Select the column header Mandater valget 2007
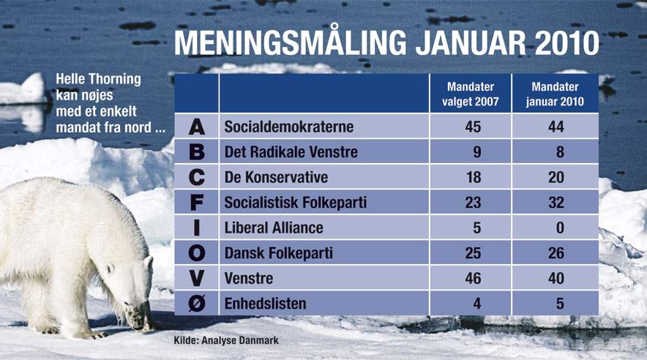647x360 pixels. (x=471, y=94)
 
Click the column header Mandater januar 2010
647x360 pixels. (x=555, y=94)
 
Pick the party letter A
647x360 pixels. (x=197, y=127)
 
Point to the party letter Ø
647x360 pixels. (x=197, y=304)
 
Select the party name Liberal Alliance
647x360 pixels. (x=274, y=228)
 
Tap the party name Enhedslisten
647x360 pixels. (x=266, y=304)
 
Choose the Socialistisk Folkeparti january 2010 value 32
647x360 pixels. (x=556, y=203)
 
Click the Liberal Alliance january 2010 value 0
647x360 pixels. (x=560, y=228)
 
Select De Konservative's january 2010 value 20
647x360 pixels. (x=556, y=178)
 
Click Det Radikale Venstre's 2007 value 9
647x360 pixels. (x=477, y=153)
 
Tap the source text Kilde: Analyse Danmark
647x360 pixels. (x=226, y=340)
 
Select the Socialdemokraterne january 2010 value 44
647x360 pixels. (x=556, y=127)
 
